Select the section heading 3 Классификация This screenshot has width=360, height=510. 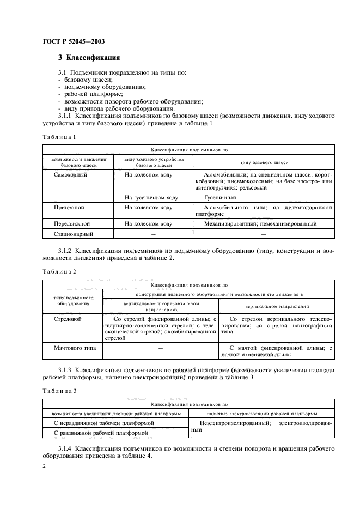coord(89,58)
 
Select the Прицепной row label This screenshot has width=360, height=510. coord(69,208)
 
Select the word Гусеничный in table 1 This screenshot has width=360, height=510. coord(220,197)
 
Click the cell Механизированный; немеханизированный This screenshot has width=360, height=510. coord(259,223)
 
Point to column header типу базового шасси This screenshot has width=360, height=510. coord(264,162)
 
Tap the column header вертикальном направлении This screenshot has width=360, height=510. coord(277,306)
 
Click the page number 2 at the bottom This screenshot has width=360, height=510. coord(45,466)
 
